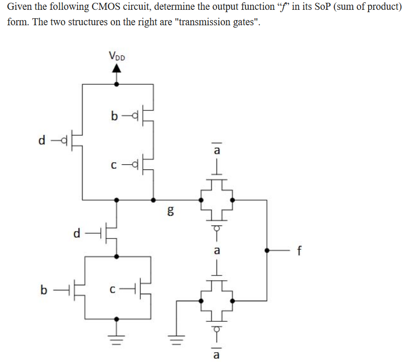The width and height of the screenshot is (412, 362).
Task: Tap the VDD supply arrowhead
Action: [x=117, y=69]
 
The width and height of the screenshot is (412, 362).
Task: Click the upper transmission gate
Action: [x=217, y=200]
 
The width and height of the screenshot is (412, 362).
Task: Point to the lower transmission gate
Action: [x=217, y=301]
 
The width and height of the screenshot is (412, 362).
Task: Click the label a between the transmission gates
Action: [x=217, y=251]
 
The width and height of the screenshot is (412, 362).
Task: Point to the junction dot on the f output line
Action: [x=267, y=250]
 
